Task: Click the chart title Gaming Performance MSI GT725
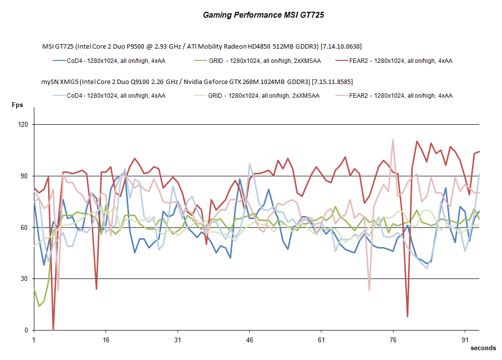click(264, 15)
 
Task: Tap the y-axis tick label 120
click(22, 125)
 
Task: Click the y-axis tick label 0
click(26, 331)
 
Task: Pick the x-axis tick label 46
click(249, 340)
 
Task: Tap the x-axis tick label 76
click(393, 340)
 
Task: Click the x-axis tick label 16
click(106, 340)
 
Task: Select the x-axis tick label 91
click(465, 340)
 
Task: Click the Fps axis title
click(18, 105)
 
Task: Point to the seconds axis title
click(483, 348)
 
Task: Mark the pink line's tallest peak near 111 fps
click(393, 140)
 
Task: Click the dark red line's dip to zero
click(53, 330)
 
